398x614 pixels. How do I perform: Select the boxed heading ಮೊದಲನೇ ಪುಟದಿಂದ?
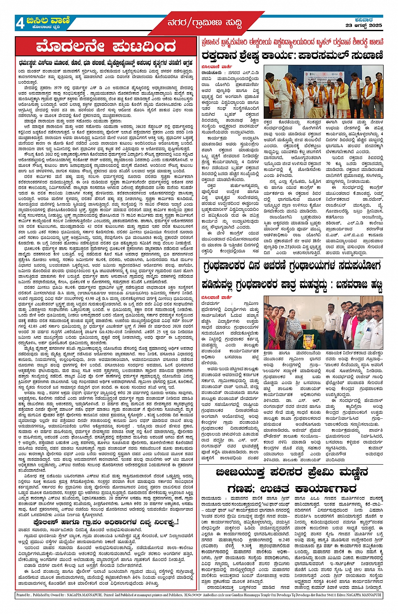tap(106, 46)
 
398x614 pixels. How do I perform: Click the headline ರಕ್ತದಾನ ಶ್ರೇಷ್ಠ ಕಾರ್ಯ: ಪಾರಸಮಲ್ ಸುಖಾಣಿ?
tap(292, 55)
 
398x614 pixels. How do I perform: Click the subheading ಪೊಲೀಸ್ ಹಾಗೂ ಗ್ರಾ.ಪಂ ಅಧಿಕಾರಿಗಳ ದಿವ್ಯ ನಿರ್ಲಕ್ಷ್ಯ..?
tap(106, 522)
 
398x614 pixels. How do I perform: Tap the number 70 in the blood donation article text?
tap(328, 163)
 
